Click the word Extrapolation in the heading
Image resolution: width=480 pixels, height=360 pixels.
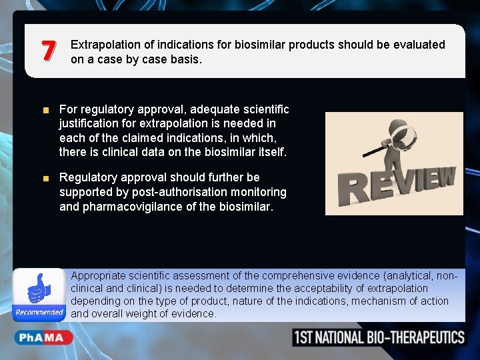coord(104,45)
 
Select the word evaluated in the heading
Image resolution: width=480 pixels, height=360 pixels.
coord(417,45)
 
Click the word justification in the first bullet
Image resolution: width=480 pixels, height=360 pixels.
coord(90,123)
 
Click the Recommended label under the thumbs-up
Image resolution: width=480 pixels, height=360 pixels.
coord(39,312)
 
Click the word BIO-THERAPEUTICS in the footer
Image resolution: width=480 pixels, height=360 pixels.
coord(416,337)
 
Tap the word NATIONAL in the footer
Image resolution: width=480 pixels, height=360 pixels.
coord(339,337)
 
